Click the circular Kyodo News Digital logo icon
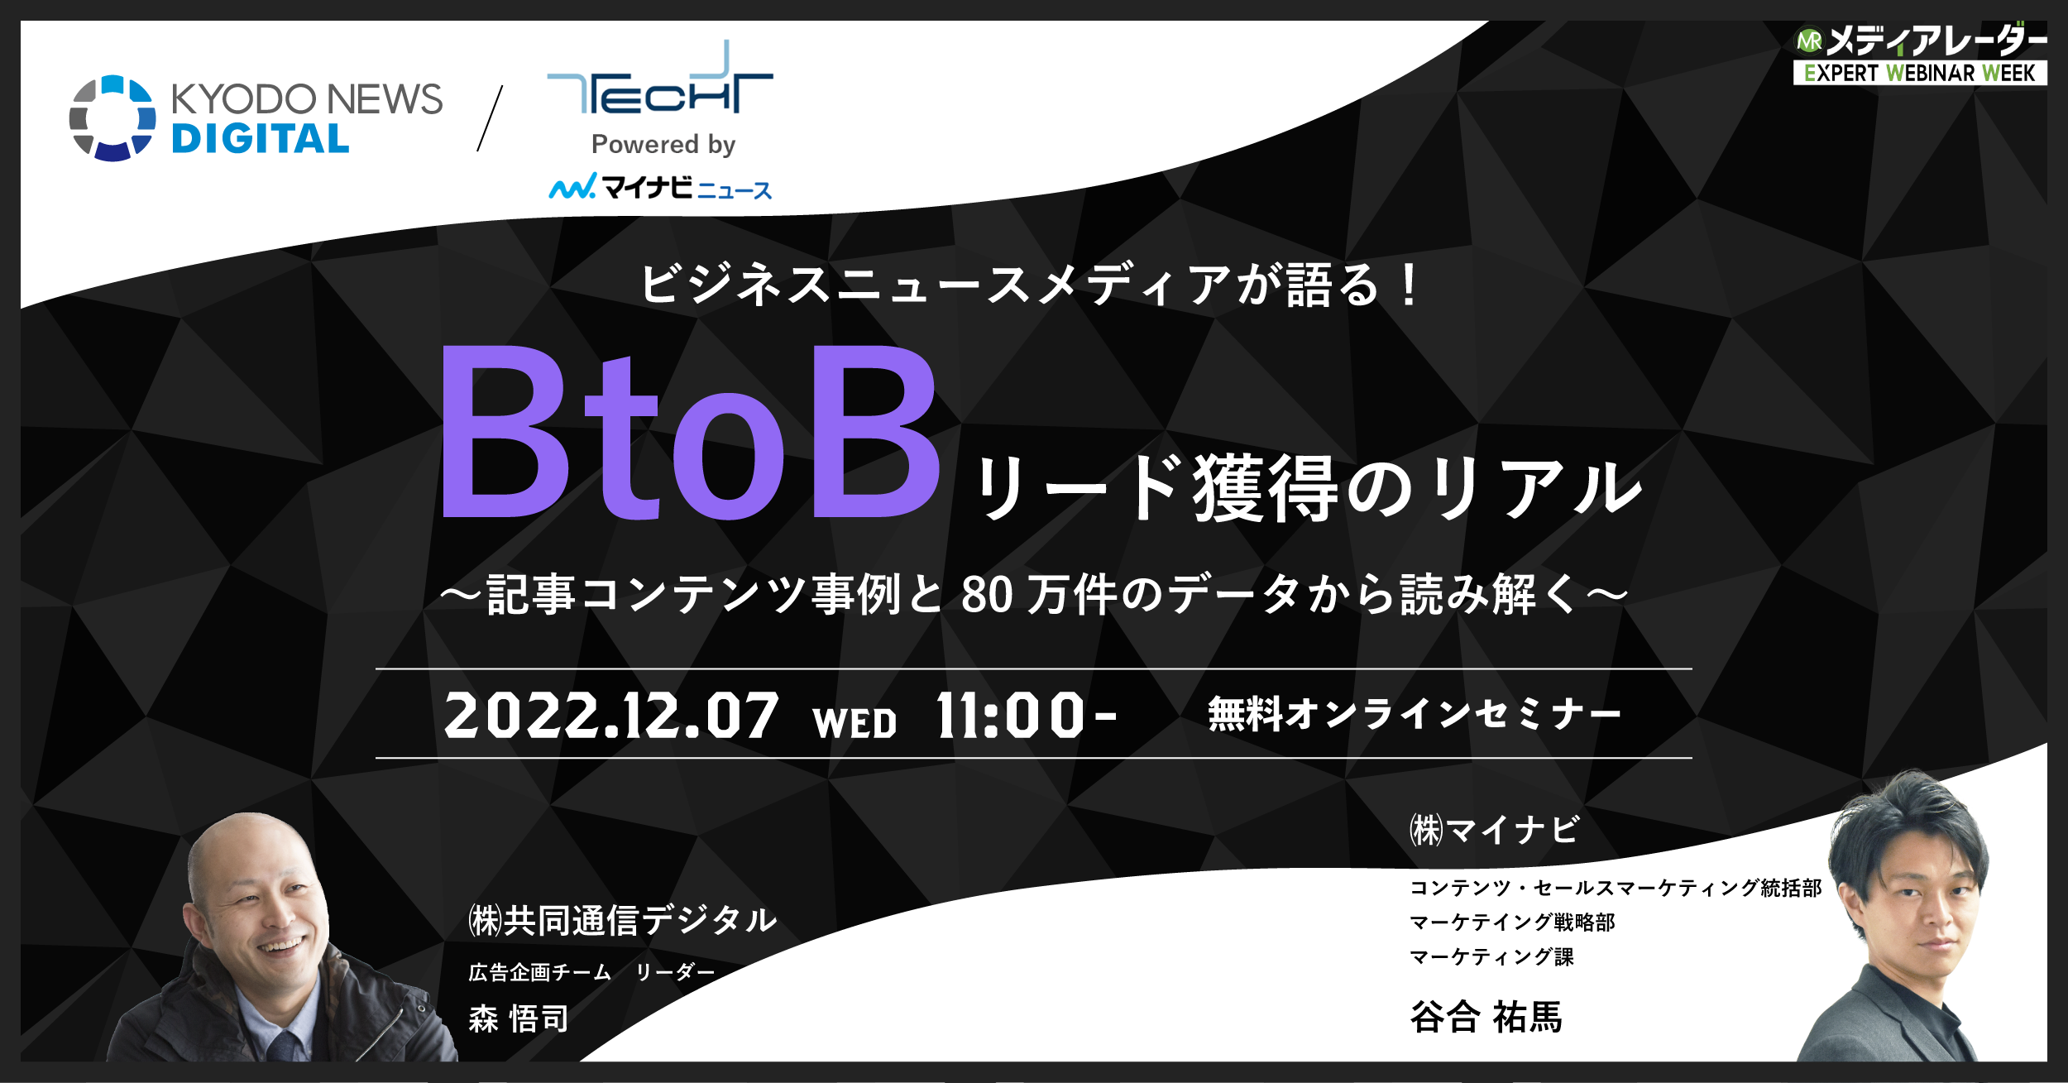pos(112,117)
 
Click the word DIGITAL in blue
pos(261,139)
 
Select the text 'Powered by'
pos(663,145)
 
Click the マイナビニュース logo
pos(660,188)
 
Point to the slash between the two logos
pos(490,118)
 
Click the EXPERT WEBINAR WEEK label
pos(1919,74)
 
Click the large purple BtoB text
pos(691,432)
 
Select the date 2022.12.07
pos(610,716)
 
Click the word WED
pos(854,723)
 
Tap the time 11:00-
pos(1026,716)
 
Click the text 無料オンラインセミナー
pos(1414,714)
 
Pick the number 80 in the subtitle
pos(987,595)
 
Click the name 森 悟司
pos(519,1018)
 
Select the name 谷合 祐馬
pos(1486,1017)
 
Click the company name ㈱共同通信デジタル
pos(623,920)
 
